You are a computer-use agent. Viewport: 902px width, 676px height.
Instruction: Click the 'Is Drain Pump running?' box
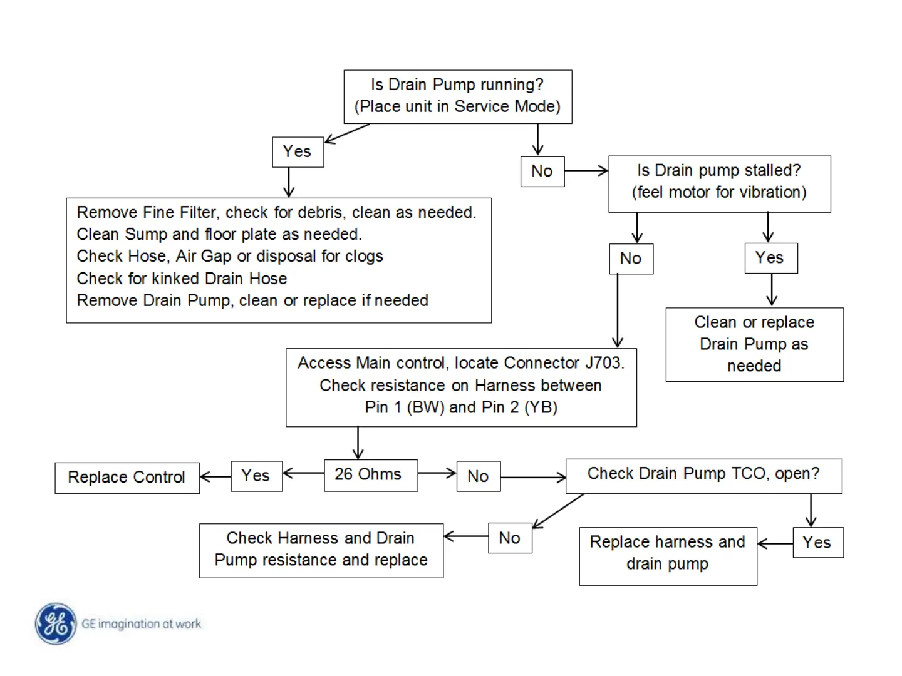pos(457,96)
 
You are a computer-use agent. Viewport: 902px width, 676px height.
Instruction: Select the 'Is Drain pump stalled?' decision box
pos(719,183)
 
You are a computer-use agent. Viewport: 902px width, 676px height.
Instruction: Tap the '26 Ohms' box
pos(370,475)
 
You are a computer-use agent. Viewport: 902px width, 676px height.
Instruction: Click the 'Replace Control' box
pos(127,478)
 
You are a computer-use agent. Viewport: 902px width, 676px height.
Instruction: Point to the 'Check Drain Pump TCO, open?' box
pos(703,475)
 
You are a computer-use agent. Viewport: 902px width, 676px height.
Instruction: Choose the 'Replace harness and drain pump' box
pos(668,555)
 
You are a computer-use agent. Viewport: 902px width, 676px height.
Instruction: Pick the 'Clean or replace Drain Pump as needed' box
pos(754,344)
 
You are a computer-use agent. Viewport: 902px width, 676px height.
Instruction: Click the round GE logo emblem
pos(56,623)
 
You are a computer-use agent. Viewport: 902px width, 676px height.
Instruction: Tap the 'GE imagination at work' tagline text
pos(142,624)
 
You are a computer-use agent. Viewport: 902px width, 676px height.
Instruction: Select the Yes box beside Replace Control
pos(256,476)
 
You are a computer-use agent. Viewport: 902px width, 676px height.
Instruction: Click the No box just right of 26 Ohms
pos(478,476)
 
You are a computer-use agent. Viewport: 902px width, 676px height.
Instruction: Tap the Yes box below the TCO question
pos(817,543)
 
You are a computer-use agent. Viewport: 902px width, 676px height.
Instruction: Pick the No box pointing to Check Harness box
pos(510,538)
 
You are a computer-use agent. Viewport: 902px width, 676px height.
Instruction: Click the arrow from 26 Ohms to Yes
pos(303,473)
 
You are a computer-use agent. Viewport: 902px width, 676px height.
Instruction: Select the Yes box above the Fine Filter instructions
pos(298,151)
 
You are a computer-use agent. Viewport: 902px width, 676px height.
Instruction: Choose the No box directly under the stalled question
pos(631,259)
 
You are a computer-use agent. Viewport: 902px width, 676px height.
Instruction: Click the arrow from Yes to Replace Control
pos(215,477)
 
